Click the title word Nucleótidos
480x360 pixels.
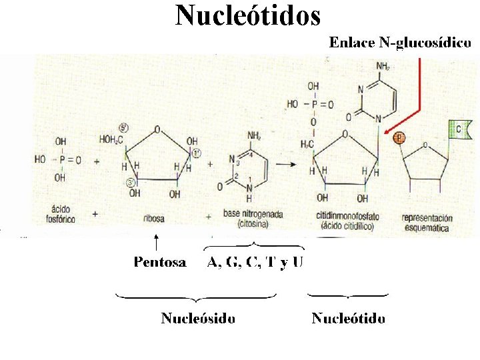248,15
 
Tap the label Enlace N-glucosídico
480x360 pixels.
400,43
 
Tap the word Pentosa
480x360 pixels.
160,262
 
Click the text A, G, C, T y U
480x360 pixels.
255,262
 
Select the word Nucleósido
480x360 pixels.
197,318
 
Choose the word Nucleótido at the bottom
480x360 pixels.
348,318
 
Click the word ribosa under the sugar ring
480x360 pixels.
154,218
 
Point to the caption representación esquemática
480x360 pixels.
427,222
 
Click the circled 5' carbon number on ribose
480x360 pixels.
124,128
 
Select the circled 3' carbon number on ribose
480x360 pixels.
131,181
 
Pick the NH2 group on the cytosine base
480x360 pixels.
254,136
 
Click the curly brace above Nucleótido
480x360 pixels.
348,295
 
